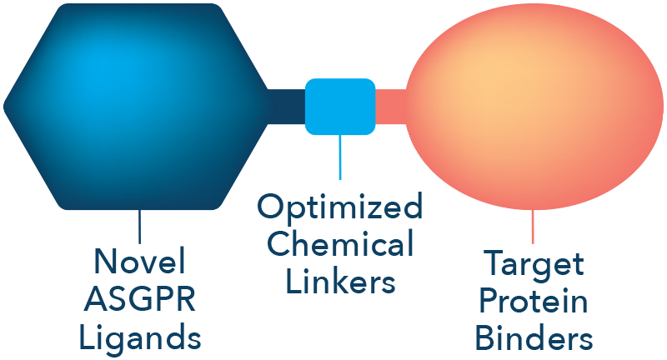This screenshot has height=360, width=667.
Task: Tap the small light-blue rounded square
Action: pyautogui.click(x=339, y=107)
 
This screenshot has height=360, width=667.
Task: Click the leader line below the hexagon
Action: pyautogui.click(x=139, y=227)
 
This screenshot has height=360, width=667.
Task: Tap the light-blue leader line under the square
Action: pyautogui.click(x=339, y=158)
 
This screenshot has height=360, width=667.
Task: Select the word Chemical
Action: pyautogui.click(x=339, y=245)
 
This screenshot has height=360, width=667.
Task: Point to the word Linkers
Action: pyautogui.click(x=339, y=282)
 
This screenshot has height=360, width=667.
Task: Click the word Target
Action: pyautogui.click(x=533, y=266)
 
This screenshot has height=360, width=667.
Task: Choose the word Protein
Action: pyautogui.click(x=533, y=302)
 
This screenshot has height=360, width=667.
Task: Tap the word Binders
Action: pyautogui.click(x=533, y=338)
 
